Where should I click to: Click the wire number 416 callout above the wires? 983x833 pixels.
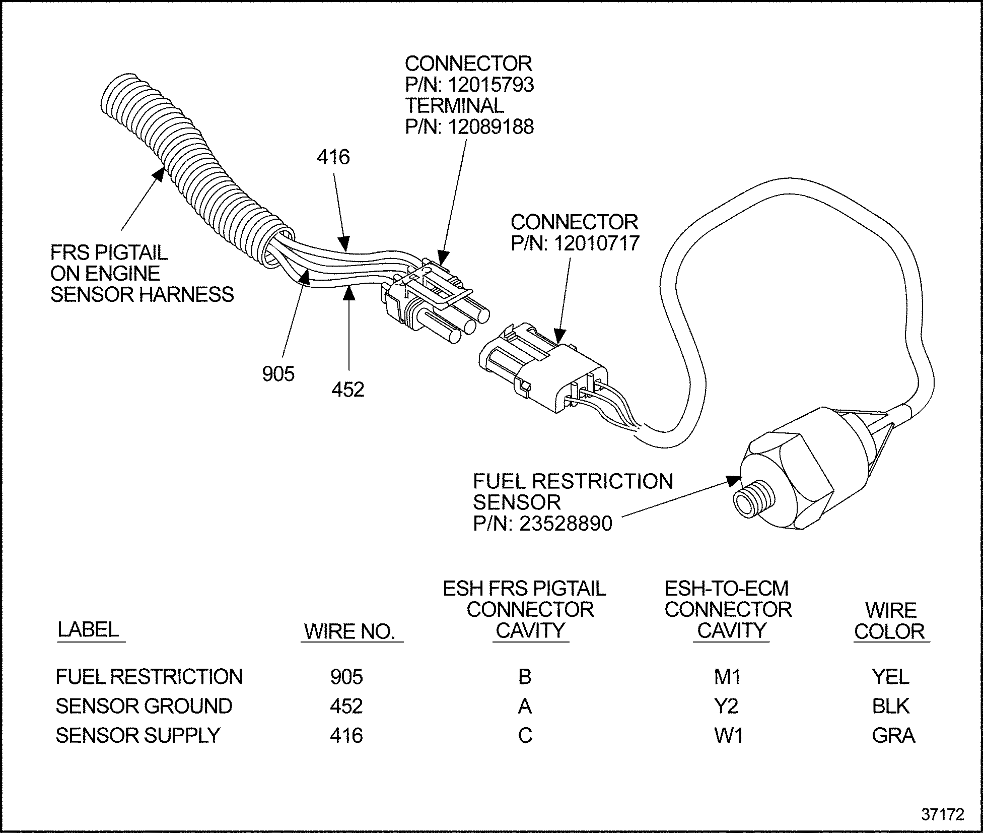[x=333, y=158]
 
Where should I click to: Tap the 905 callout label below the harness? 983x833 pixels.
[x=278, y=374]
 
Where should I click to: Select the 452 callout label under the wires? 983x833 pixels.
[x=347, y=390]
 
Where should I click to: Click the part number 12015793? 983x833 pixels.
[x=490, y=85]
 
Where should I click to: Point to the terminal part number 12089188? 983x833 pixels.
[x=490, y=127]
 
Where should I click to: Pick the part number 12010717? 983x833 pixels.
[x=596, y=243]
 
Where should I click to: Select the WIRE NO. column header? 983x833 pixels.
[x=350, y=631]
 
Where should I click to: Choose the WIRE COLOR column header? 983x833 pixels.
[x=890, y=621]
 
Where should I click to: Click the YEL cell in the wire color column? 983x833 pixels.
[x=890, y=676]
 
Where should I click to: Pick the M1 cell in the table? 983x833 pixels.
[x=727, y=677]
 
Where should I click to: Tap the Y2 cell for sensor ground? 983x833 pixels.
[x=726, y=706]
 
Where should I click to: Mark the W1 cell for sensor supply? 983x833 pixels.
[x=728, y=736]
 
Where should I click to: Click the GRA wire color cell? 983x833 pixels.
[x=893, y=736]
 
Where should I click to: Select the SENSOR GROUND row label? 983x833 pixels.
[x=144, y=706]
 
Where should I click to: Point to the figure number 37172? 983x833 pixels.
[x=942, y=814]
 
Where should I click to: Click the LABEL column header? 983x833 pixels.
[x=88, y=629]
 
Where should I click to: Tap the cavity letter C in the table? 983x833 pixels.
[x=525, y=736]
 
